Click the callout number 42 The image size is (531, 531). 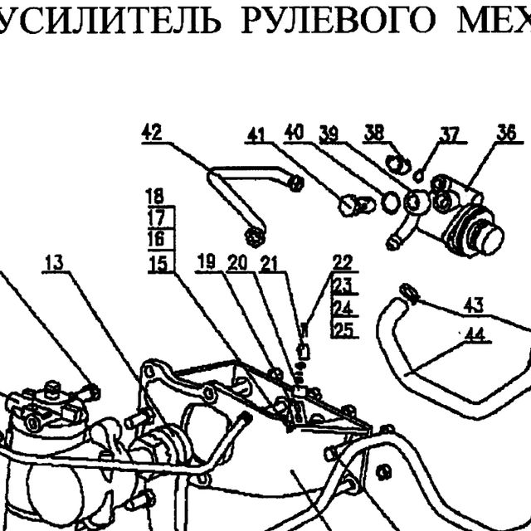tap(152, 133)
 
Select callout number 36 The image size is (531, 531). tap(506, 133)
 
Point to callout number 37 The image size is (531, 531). tap(450, 134)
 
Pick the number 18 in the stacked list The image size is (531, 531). tap(155, 197)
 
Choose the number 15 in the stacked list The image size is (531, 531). tap(158, 264)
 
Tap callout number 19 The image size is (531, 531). tap(207, 262)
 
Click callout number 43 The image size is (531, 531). tap(474, 305)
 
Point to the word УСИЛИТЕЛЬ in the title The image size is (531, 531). tap(108, 20)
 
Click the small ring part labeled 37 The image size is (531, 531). tap(418, 176)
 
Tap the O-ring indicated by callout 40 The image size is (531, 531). tap(391, 202)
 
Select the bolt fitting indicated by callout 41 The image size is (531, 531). tap(357, 205)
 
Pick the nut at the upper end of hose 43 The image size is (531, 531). tap(409, 293)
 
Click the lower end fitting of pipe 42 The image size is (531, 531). tap(255, 236)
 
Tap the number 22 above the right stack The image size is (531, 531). tap(343, 262)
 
